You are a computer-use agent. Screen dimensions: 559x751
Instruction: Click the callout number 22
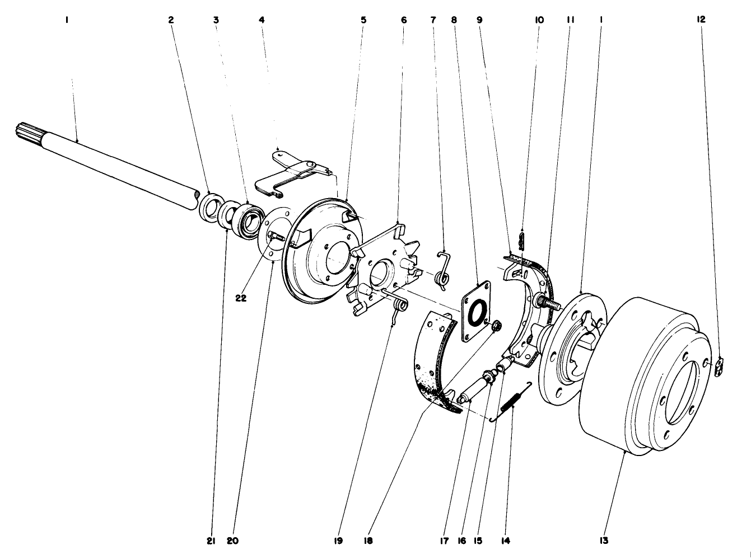pos(241,298)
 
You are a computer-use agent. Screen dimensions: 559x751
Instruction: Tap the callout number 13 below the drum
pos(603,541)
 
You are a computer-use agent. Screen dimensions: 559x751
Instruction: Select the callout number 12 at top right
pos(701,19)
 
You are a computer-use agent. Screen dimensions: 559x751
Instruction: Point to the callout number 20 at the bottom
pos(234,541)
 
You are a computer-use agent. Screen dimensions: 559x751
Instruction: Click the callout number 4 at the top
pos(262,19)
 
